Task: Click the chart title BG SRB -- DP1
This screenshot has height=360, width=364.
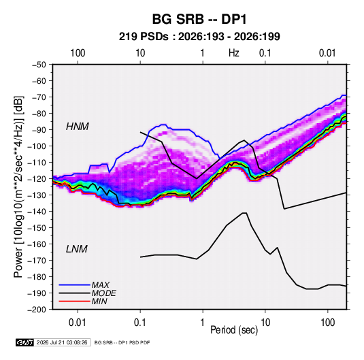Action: pos(199,19)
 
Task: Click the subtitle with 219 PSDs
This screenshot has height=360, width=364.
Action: pos(199,37)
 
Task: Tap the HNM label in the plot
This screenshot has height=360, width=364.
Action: pos(78,127)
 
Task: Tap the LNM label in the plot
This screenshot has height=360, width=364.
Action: pos(77,249)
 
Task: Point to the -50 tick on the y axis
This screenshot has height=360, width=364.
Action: pos(39,65)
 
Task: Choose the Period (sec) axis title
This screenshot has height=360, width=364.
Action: pos(234,330)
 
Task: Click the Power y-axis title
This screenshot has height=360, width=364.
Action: pos(18,187)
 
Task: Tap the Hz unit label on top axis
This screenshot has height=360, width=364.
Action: pos(234,53)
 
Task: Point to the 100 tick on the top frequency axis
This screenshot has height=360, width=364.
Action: pos(78,53)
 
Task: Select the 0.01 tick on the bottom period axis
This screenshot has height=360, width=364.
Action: pos(78,323)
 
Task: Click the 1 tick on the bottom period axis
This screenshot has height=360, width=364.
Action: pos(203,323)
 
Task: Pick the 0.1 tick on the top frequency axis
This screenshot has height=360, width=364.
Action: pos(265,53)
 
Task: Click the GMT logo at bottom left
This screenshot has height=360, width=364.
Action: pos(24,342)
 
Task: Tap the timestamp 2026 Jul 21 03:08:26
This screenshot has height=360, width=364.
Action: pos(62,342)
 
